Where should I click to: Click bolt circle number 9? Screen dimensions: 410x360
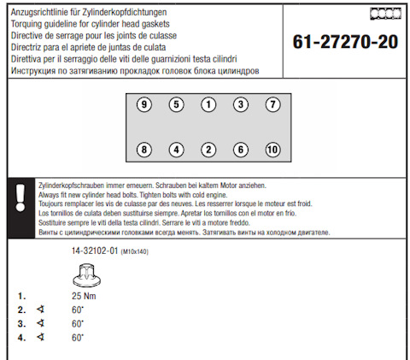point(144,104)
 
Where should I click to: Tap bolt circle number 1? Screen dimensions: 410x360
point(208,104)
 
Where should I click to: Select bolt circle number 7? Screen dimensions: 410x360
point(272,104)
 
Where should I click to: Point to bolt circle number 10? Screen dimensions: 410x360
point(272,150)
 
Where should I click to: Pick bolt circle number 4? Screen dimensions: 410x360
point(176,150)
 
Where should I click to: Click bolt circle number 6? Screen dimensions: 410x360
point(241,150)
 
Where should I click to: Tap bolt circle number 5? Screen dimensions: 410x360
point(176,104)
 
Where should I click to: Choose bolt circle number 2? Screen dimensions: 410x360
point(208,150)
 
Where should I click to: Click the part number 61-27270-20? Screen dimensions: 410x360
point(345,42)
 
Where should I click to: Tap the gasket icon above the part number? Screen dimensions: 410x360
point(385,14)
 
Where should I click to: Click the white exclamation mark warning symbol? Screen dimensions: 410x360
point(20,198)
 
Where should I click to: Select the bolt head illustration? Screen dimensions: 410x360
point(86,274)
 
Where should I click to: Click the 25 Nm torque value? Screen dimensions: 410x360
point(84,296)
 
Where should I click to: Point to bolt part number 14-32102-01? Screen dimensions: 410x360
point(95,251)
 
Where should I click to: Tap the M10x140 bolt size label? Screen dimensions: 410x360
point(135,251)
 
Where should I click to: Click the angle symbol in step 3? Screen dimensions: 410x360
point(41,323)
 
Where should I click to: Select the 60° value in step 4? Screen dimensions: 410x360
point(78,338)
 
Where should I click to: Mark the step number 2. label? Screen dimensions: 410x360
point(21,310)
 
